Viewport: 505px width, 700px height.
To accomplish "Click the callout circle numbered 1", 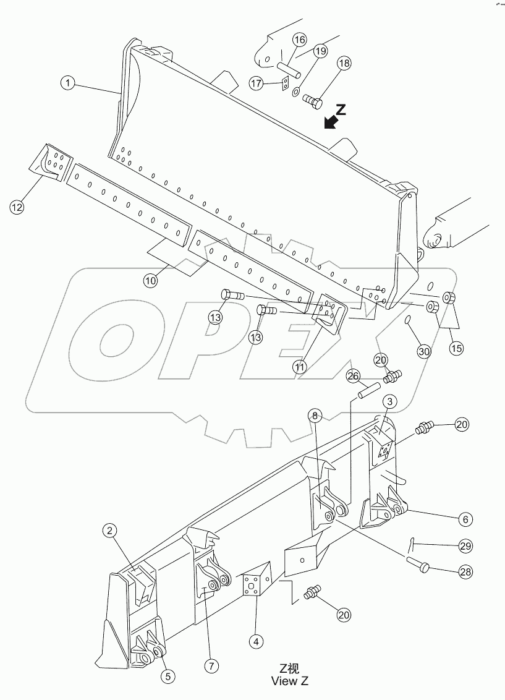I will point(69,82).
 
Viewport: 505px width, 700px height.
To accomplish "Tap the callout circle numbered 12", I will point(17,207).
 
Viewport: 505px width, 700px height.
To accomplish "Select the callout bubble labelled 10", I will point(151,280).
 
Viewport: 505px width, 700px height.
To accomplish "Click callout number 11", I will point(300,367).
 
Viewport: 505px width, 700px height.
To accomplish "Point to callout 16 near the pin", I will point(299,40).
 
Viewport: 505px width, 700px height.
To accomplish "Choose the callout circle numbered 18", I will point(344,64).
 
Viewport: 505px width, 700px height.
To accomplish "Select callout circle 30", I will point(423,351).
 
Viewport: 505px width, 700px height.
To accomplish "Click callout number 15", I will point(456,348).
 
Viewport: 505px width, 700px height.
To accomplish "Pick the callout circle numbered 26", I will point(352,376).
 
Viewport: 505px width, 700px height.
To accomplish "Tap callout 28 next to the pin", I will point(465,572).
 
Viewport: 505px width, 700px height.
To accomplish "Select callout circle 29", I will point(465,545).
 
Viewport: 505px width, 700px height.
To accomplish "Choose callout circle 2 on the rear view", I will point(109,530).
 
